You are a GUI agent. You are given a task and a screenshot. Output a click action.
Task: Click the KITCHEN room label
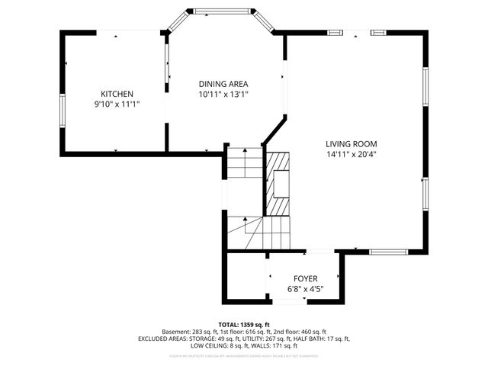click(117, 94)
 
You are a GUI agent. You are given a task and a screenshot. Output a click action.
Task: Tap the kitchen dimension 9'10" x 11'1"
click(117, 104)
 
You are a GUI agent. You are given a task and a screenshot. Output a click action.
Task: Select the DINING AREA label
click(223, 84)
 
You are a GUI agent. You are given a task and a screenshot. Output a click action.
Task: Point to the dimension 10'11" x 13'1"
click(223, 95)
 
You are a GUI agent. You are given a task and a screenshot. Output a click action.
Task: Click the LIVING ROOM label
click(351, 143)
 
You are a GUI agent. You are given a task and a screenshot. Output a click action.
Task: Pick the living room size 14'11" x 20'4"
click(351, 154)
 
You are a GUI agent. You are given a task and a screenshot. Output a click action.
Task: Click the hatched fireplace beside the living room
click(278, 183)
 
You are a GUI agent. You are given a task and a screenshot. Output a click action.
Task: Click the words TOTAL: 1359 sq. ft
click(244, 324)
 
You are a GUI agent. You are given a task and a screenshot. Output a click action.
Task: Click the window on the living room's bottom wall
click(389, 251)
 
